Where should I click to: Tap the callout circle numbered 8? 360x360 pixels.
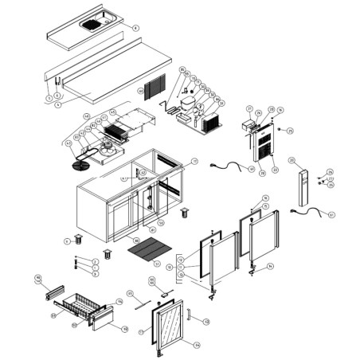pos(135,28)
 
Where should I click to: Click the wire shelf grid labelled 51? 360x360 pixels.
pos(144,252)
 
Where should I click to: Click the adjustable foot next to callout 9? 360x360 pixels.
pos(78,239)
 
